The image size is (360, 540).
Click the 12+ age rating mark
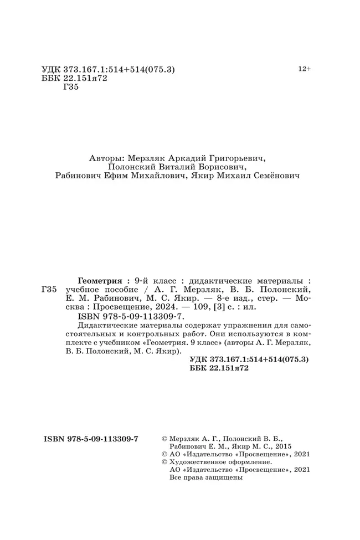click(x=304, y=69)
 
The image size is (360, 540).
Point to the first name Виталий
click(x=166, y=167)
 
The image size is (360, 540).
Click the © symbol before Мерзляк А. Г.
click(x=163, y=438)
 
